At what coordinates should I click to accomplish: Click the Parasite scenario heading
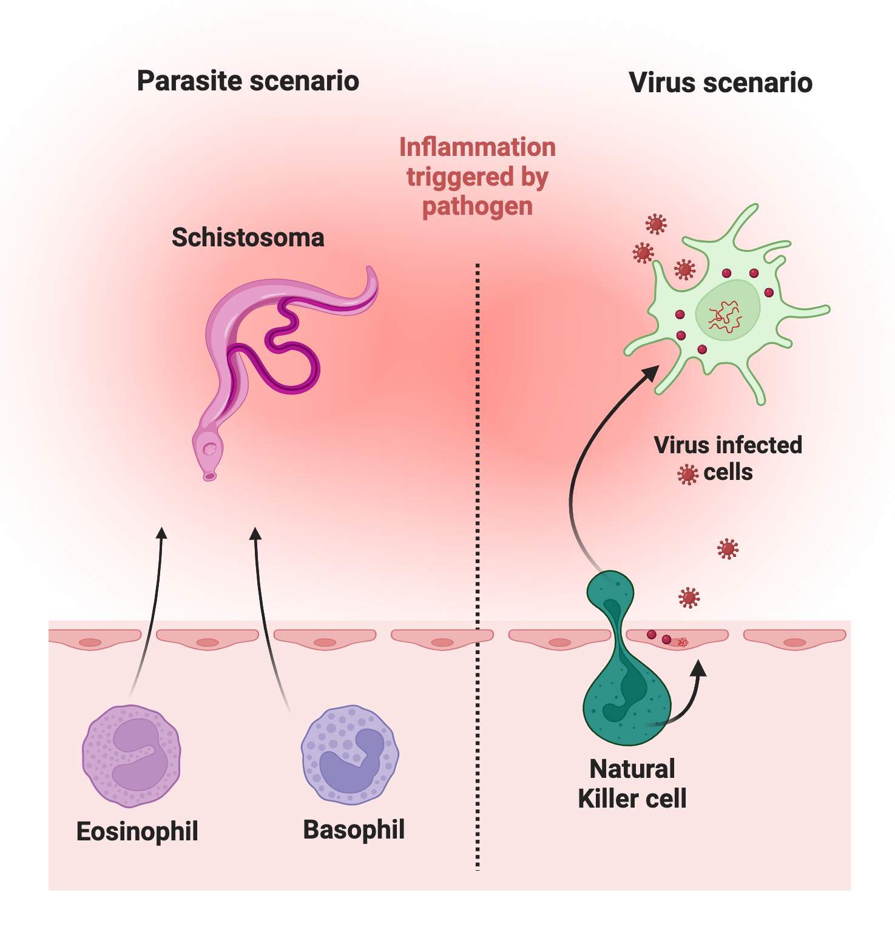pyautogui.click(x=248, y=81)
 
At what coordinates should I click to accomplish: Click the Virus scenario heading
pyautogui.click(x=720, y=83)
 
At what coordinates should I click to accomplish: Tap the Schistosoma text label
pyautogui.click(x=248, y=237)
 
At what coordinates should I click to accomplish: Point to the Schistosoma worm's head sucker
pyautogui.click(x=209, y=450)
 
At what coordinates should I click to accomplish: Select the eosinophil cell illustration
pyautogui.click(x=132, y=755)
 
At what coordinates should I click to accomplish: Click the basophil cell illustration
pyautogui.click(x=350, y=754)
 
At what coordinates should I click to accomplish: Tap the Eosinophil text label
pyautogui.click(x=137, y=831)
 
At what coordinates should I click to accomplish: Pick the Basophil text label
pyautogui.click(x=354, y=829)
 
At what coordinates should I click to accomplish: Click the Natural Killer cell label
pyautogui.click(x=632, y=783)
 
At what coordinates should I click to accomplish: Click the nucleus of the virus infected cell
pyautogui.click(x=727, y=311)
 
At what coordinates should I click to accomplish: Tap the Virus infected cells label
pyautogui.click(x=728, y=458)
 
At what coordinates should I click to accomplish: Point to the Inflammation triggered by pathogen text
pyautogui.click(x=478, y=177)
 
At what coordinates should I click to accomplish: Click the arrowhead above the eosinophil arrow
pyautogui.click(x=161, y=533)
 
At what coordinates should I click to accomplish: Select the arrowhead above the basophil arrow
pyautogui.click(x=255, y=533)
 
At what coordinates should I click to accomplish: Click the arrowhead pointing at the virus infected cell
pyautogui.click(x=651, y=372)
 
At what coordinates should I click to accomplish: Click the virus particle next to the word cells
pyautogui.click(x=687, y=474)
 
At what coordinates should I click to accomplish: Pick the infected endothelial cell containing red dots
pyautogui.click(x=677, y=638)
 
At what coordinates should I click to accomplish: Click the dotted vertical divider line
pyautogui.click(x=478, y=546)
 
